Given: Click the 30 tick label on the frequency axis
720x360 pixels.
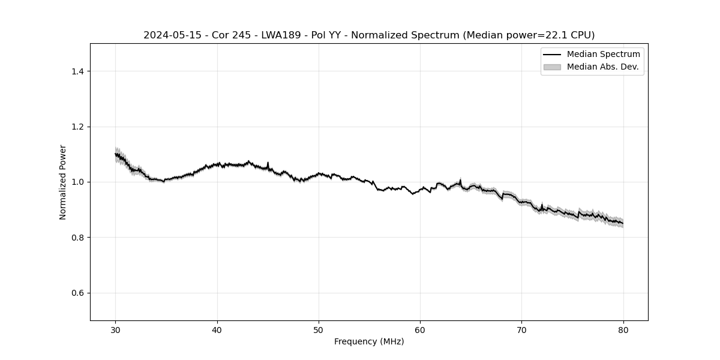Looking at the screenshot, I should point(116,330).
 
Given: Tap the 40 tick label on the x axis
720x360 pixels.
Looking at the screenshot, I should point(217,330).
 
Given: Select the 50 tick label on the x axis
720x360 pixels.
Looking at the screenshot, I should point(319,330).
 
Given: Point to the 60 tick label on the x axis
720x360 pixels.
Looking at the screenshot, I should point(420,330).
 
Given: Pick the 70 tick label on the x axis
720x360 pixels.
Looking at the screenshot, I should point(521,330).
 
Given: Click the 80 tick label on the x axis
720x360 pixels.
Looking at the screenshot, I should point(623,330).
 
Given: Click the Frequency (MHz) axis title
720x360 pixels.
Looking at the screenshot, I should point(369,342).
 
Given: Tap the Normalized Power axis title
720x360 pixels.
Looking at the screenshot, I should point(63,182).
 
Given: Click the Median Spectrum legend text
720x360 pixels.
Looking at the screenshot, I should point(603,55).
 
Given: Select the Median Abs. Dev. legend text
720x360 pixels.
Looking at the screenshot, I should point(602,67).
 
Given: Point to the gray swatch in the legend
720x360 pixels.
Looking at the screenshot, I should point(552,67).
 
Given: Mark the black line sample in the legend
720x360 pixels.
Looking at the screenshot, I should point(552,55).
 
